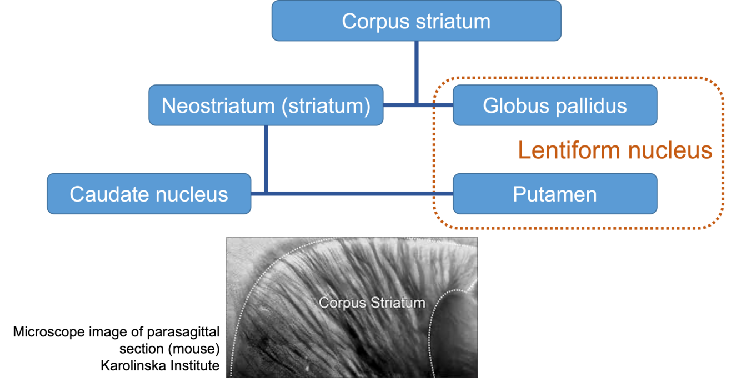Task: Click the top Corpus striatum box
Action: click(x=416, y=21)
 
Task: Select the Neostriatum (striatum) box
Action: click(x=266, y=105)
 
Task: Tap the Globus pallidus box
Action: click(x=555, y=105)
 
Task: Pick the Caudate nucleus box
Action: click(x=149, y=194)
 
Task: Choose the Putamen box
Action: click(x=555, y=194)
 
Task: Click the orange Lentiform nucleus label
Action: click(x=615, y=150)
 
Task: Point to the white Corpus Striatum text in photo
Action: click(x=372, y=303)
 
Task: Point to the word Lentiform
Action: click(x=567, y=150)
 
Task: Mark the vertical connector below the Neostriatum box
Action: click(x=266, y=158)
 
